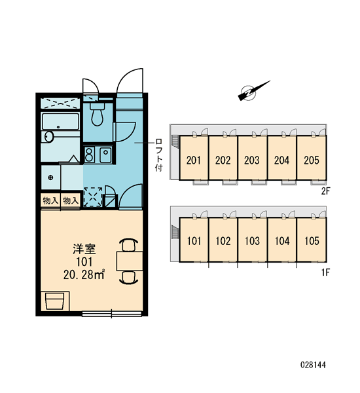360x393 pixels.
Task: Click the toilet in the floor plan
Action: [x=97, y=114]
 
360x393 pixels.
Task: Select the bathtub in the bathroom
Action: [x=60, y=122]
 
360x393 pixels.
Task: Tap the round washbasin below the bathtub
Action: [x=49, y=137]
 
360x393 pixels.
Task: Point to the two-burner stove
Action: [x=89, y=155]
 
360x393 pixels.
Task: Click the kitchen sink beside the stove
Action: [x=106, y=155]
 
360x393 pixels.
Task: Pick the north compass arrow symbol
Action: [x=253, y=91]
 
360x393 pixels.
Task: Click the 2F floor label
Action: [x=326, y=191]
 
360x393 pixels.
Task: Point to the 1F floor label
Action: [x=326, y=272]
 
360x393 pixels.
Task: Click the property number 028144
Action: [x=313, y=365]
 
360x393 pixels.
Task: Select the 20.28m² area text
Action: [x=84, y=275]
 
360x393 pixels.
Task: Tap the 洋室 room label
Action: [x=84, y=249]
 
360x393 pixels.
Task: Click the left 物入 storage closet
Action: [x=50, y=200]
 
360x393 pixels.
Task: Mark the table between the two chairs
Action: [x=130, y=261]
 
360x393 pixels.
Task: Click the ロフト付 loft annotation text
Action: [x=159, y=155]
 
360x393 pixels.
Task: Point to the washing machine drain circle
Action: [x=51, y=178]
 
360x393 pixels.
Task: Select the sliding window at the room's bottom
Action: [x=112, y=313]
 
